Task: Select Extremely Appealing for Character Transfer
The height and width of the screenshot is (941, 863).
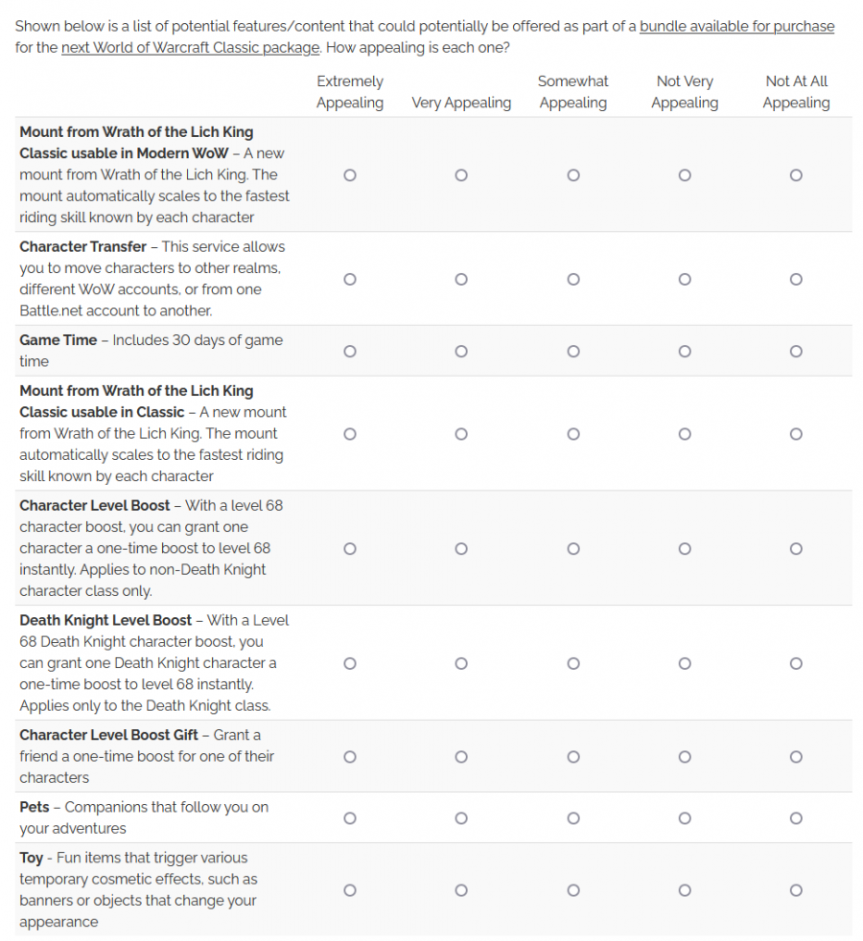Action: [x=350, y=279]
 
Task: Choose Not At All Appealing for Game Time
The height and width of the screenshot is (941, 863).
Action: [x=796, y=351]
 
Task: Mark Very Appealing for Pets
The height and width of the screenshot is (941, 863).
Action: [x=461, y=817]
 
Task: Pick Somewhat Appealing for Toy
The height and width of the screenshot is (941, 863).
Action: [x=573, y=890]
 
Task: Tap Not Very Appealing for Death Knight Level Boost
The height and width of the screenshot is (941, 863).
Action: [x=685, y=663]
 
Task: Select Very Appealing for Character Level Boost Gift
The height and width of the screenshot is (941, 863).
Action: [x=461, y=756]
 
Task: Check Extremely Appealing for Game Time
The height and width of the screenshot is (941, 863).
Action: [x=350, y=351]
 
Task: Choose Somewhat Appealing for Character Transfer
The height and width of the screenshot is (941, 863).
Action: [x=573, y=279]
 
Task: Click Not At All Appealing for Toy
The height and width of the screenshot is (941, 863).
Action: [x=796, y=890]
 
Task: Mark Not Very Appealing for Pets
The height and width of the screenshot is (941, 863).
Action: [x=685, y=817]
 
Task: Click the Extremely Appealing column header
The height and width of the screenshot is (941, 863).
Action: [x=350, y=92]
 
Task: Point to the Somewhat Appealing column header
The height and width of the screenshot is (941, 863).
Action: [x=573, y=92]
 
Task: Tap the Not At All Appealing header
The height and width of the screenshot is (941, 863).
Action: [x=796, y=92]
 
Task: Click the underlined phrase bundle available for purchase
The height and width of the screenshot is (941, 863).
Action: [x=736, y=26]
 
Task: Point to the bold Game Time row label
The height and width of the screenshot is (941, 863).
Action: [x=58, y=340]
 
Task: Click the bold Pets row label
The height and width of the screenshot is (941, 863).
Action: [x=35, y=807]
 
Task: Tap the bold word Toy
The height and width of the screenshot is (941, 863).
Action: [x=32, y=858]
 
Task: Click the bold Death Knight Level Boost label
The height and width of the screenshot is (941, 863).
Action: [x=105, y=620]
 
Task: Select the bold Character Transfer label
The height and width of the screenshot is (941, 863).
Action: [x=82, y=246]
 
